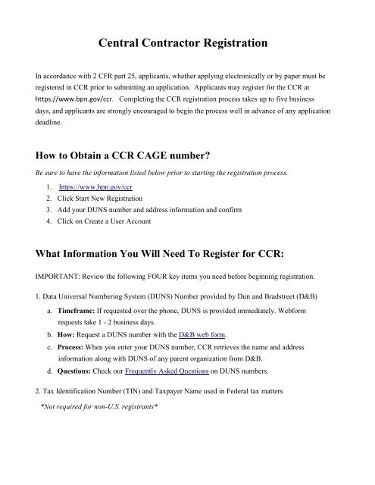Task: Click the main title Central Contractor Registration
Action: pyautogui.click(x=187, y=45)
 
